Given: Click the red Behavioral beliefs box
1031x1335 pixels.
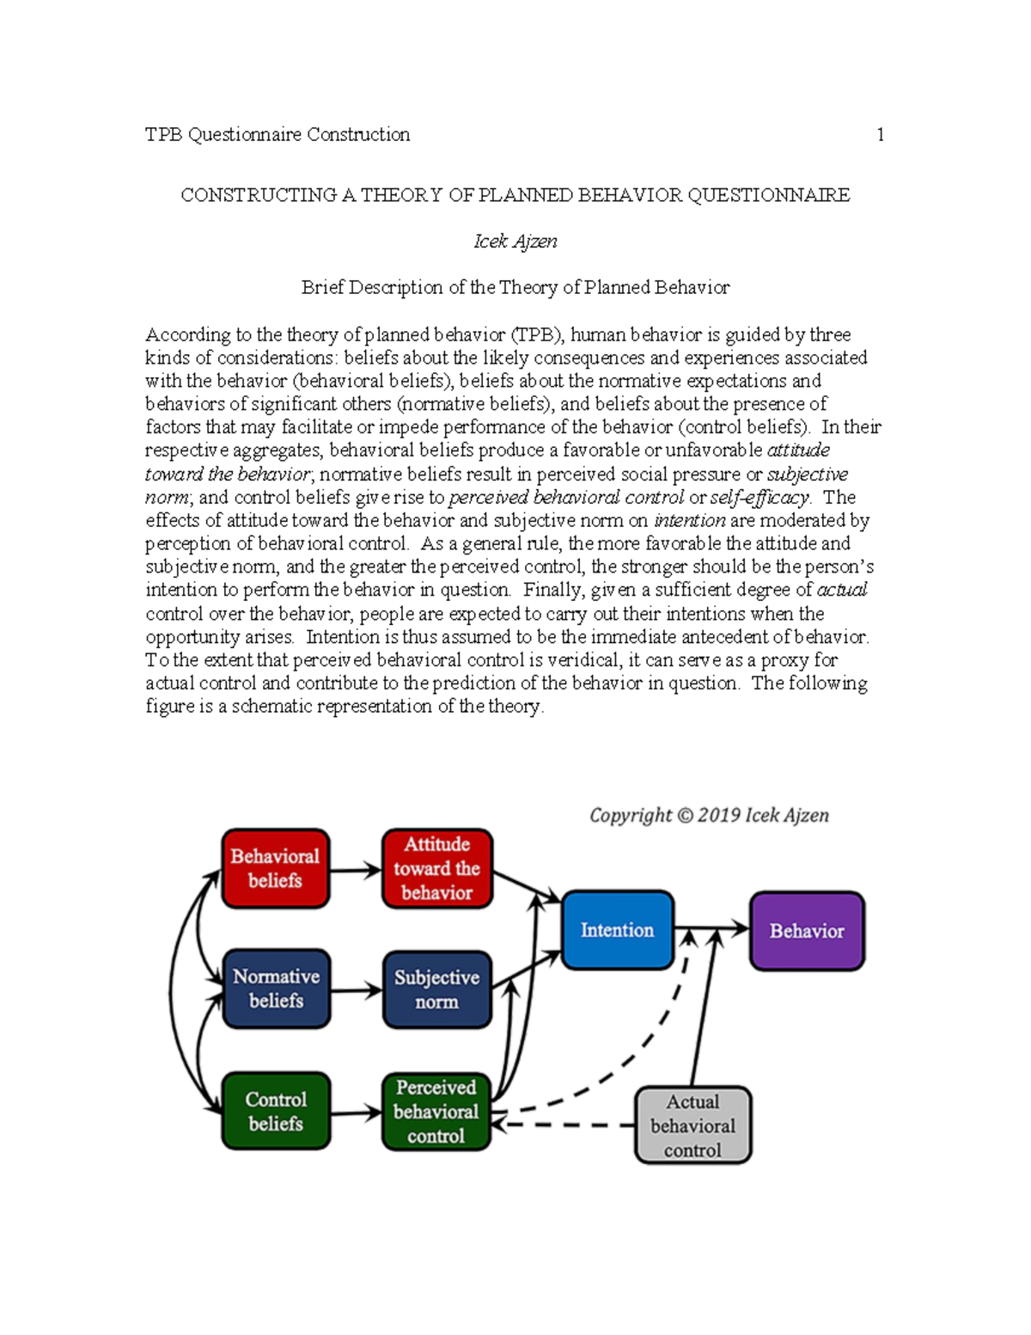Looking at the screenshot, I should pos(275,868).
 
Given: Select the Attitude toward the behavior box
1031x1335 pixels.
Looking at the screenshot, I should pos(436,868).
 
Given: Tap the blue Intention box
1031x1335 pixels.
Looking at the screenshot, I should pos(617,930).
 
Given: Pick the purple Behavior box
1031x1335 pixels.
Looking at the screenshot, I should pos(807,931).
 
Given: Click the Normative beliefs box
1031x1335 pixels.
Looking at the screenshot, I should pos(276,989).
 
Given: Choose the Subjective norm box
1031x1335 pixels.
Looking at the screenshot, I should pos(436,989).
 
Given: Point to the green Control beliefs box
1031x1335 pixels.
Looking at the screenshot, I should pos(275,1111).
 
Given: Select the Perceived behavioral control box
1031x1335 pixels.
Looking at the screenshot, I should pos(436,1111).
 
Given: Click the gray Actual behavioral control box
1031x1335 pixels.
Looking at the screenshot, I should pos(692,1125).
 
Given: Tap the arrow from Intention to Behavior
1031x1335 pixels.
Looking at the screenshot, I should pos(711,928).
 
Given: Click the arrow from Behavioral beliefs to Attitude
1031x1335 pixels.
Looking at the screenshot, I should pos(356,871).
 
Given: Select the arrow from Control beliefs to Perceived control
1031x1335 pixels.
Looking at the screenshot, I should pos(356,1114).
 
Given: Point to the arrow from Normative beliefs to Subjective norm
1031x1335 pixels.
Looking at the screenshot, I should pos(356,991).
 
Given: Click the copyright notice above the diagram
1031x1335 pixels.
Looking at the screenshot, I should pos(709,815).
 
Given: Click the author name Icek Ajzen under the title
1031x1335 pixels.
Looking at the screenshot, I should pos(515,242).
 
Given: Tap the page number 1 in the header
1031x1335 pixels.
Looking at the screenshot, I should pos(880,134).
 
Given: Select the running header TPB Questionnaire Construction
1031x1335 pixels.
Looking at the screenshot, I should pos(278,134).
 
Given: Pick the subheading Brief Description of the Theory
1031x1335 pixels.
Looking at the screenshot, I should pos(515,288).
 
